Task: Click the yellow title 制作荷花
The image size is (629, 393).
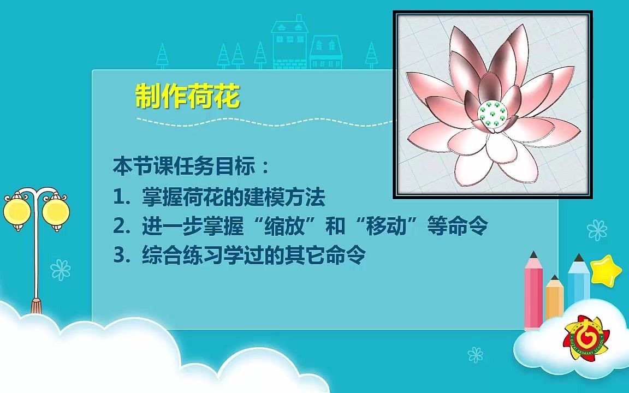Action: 187,97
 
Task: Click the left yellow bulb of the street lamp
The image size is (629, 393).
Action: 15,210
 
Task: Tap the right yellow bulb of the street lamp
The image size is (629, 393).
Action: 55,210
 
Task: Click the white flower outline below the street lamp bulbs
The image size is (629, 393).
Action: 60,270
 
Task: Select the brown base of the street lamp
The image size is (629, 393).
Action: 37,305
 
